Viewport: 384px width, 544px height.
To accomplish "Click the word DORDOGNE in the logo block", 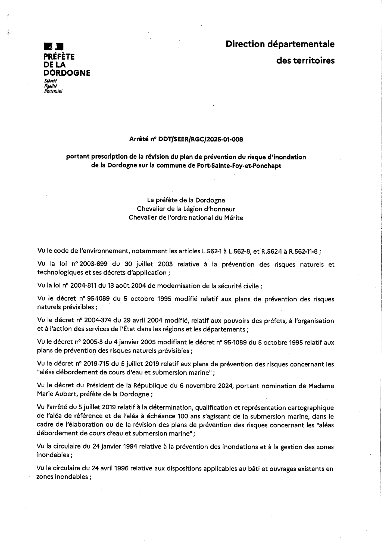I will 67,73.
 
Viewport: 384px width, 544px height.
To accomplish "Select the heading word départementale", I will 301,44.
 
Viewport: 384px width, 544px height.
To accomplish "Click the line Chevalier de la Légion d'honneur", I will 186,209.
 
